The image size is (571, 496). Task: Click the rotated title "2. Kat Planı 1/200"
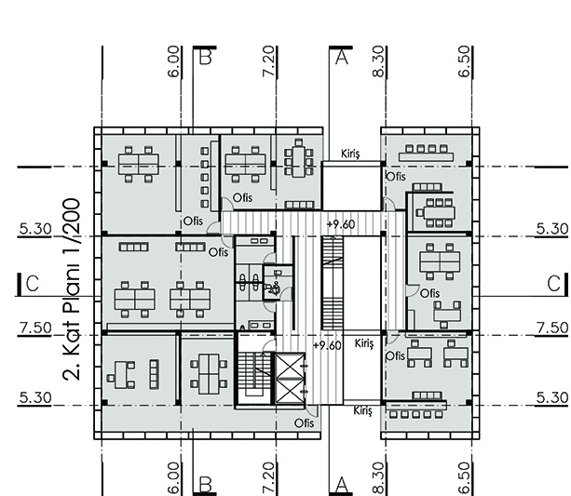[72, 289]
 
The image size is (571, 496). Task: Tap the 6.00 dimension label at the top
[174, 61]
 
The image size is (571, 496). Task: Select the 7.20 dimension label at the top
[268, 60]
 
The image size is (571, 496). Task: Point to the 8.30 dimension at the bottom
[379, 478]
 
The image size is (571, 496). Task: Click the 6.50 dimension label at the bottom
[465, 478]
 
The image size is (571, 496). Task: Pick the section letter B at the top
[206, 57]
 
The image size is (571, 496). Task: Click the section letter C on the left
[33, 284]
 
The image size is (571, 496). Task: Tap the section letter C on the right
[554, 284]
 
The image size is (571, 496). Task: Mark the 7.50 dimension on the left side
[35, 328]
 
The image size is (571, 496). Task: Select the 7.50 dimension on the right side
[552, 328]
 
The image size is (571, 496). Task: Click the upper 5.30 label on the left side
[35, 229]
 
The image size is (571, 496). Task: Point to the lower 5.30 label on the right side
[552, 397]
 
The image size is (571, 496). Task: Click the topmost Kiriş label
[350, 154]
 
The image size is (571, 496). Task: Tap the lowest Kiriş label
[362, 410]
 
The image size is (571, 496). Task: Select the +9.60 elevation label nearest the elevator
[327, 345]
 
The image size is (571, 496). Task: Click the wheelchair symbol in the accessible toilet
[274, 288]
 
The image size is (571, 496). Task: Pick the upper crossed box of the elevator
[291, 365]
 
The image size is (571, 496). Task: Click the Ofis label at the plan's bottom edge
[304, 422]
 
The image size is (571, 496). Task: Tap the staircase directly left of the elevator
[254, 374]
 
